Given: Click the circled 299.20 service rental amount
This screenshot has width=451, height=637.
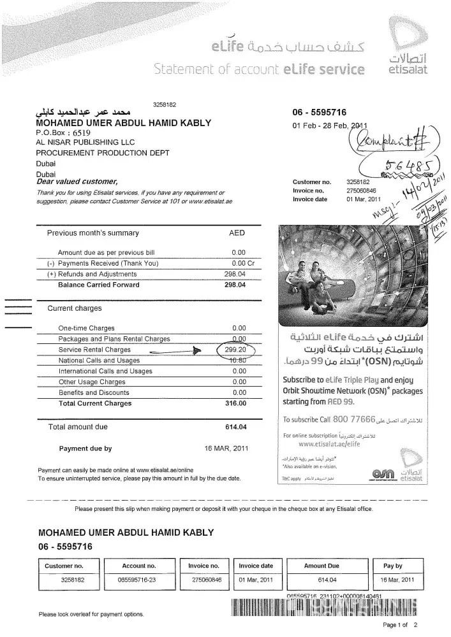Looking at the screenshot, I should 237,350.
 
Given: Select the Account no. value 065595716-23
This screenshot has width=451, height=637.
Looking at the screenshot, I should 138,580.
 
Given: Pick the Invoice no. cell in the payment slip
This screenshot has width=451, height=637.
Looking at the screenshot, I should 205,566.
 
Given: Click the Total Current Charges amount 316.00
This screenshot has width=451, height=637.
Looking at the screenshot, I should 235,403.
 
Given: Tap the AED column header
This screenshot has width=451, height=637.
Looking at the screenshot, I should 237,233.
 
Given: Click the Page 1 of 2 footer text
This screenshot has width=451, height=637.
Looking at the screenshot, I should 400,625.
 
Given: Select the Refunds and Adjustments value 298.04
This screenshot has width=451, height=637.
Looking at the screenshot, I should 235,274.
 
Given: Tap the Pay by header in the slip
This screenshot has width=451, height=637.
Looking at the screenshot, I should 392,566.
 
